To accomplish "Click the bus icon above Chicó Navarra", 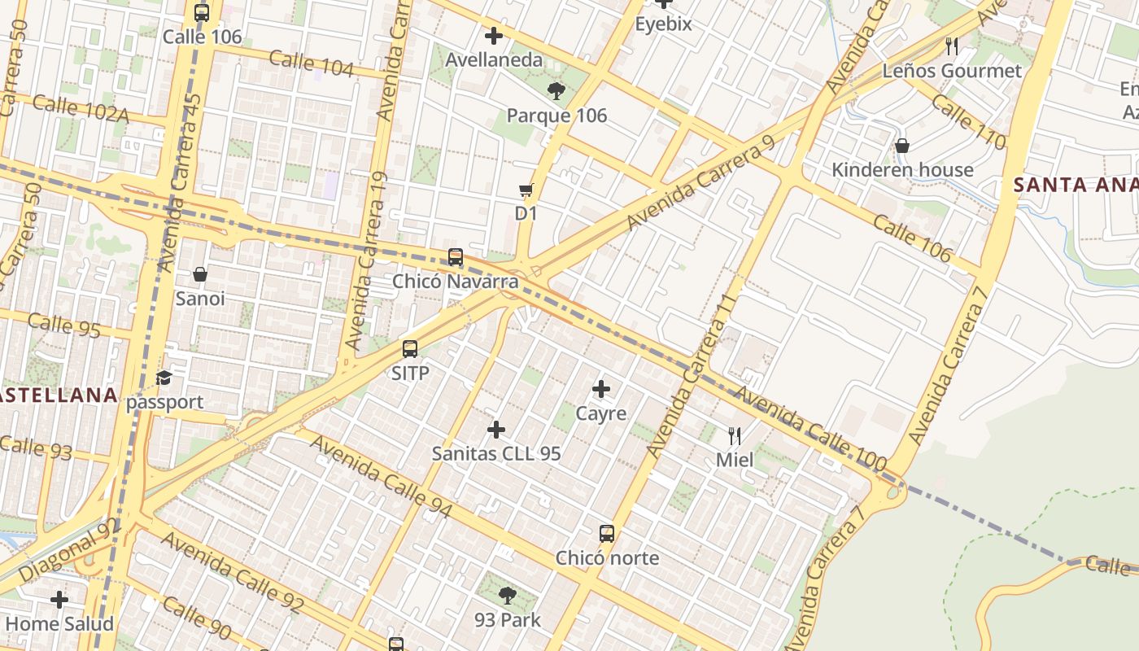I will tap(456, 257).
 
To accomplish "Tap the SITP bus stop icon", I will tap(410, 349).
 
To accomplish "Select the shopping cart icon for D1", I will tap(526, 190).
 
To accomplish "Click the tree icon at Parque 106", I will tap(556, 90).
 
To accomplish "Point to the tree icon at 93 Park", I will tap(508, 596).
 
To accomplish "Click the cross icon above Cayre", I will tap(601, 389).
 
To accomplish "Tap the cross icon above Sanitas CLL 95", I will tap(495, 430).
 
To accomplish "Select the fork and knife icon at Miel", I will tap(735, 436).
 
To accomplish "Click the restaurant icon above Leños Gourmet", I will tap(952, 46).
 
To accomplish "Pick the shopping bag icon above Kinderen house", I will tap(902, 146).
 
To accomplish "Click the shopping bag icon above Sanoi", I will tap(200, 274).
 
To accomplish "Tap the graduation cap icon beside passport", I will tap(164, 378).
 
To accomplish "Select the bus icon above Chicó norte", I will tap(607, 534).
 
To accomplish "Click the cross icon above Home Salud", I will tap(59, 600).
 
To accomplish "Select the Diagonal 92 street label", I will tap(68, 551).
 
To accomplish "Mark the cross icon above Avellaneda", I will tap(493, 36).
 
